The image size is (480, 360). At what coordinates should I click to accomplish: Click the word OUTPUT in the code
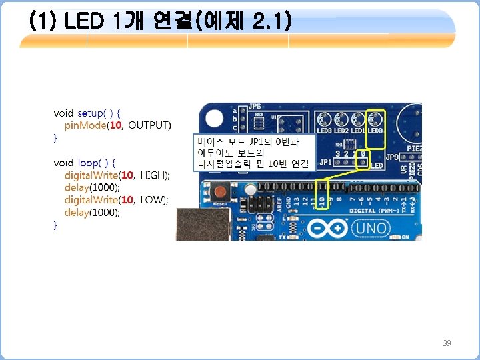click(149, 125)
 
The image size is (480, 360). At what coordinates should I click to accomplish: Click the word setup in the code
click(91, 113)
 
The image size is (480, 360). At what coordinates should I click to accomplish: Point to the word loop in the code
click(89, 162)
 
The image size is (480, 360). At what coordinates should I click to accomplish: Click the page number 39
click(447, 343)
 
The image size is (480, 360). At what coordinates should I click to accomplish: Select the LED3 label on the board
click(325, 131)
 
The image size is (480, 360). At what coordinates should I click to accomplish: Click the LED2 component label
click(342, 131)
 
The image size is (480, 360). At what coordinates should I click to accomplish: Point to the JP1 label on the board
click(325, 162)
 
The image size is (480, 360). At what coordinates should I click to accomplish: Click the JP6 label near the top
click(255, 107)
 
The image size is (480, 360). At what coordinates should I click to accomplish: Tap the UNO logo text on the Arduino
click(371, 227)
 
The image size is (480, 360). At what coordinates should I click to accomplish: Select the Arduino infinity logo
click(329, 228)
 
